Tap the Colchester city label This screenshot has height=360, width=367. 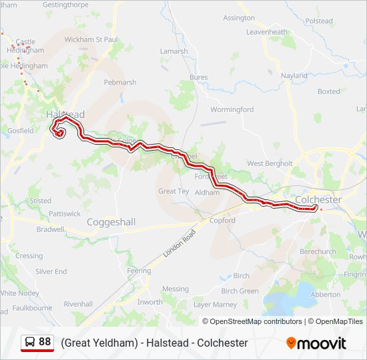(x=318, y=199)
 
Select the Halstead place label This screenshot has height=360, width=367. (x=65, y=115)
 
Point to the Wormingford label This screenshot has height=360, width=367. (x=232, y=109)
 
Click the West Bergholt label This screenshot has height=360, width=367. (x=270, y=163)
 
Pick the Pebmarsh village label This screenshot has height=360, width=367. (x=120, y=83)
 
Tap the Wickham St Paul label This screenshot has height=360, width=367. (x=91, y=39)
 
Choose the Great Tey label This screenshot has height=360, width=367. (x=173, y=191)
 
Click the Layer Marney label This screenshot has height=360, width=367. (x=215, y=305)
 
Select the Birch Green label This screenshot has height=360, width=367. (x=240, y=291)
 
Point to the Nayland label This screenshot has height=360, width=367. (x=294, y=76)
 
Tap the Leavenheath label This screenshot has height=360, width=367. (x=266, y=32)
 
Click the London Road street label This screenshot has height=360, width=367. (x=181, y=244)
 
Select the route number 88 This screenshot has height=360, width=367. (x=45, y=342)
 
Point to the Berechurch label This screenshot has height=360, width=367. (x=318, y=252)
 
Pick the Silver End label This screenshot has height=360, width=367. (x=51, y=271)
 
